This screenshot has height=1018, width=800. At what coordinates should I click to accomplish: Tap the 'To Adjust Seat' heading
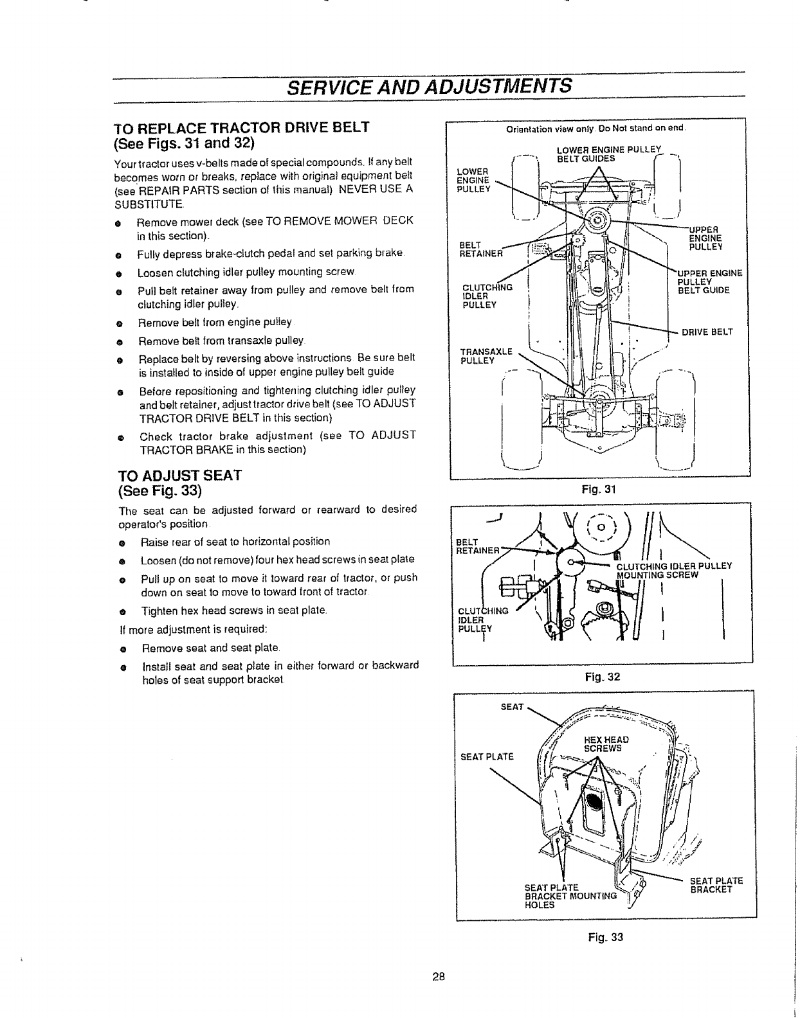click(x=179, y=476)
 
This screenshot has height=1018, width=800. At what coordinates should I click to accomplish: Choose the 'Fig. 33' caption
click(x=606, y=937)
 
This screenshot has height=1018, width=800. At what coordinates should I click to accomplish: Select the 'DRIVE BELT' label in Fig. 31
click(x=707, y=332)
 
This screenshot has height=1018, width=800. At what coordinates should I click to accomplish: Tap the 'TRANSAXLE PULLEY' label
click(x=486, y=355)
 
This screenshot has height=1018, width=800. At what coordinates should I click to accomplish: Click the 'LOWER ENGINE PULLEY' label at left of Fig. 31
click(x=473, y=180)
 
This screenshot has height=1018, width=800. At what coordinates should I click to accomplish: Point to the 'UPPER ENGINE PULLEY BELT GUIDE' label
click(x=710, y=281)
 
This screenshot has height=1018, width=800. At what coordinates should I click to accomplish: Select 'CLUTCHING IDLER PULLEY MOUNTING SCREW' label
click(x=674, y=571)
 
